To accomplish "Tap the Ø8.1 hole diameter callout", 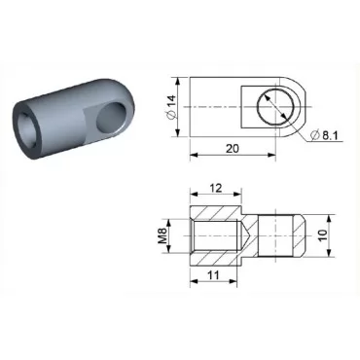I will (329, 137).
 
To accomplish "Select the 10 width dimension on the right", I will (336, 234).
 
